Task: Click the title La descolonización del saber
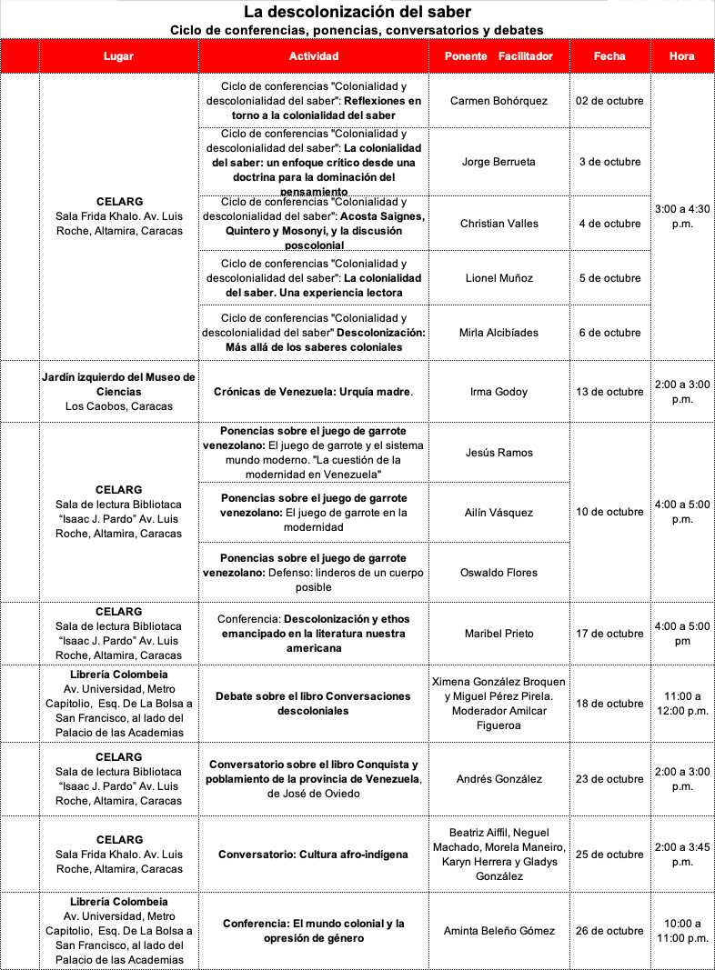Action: pyautogui.click(x=357, y=12)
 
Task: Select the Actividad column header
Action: pyautogui.click(x=313, y=56)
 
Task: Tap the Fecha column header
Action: pyautogui.click(x=609, y=56)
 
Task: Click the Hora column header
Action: pyautogui.click(x=681, y=56)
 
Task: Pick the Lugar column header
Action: pyautogui.click(x=118, y=56)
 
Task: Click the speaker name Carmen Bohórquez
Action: pyautogui.click(x=498, y=100)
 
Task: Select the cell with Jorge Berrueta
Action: pyautogui.click(x=498, y=162)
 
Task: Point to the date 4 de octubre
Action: pyautogui.click(x=609, y=224)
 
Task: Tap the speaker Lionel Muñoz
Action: pyautogui.click(x=498, y=278)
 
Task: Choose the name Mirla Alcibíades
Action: pyautogui.click(x=498, y=333)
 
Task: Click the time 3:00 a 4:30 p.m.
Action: pyautogui.click(x=682, y=215)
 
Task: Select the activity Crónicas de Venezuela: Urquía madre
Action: pyautogui.click(x=313, y=392)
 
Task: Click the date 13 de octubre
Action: pyautogui.click(x=609, y=392)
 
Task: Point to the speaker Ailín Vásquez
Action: pyautogui.click(x=498, y=513)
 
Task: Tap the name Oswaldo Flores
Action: pyautogui.click(x=498, y=573)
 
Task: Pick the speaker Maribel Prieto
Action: pyautogui.click(x=498, y=634)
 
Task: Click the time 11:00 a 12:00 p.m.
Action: pyautogui.click(x=682, y=704)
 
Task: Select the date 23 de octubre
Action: pyautogui.click(x=609, y=779)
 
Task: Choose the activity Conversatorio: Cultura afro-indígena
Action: pyautogui.click(x=313, y=855)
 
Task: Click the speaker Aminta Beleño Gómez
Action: pyautogui.click(x=498, y=931)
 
